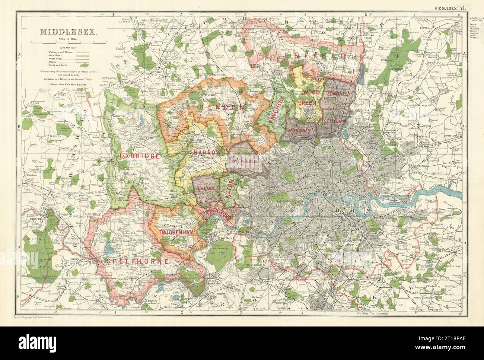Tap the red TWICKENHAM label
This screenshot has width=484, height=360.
pos(177,232)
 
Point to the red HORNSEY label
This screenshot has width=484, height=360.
pos(299,131)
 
